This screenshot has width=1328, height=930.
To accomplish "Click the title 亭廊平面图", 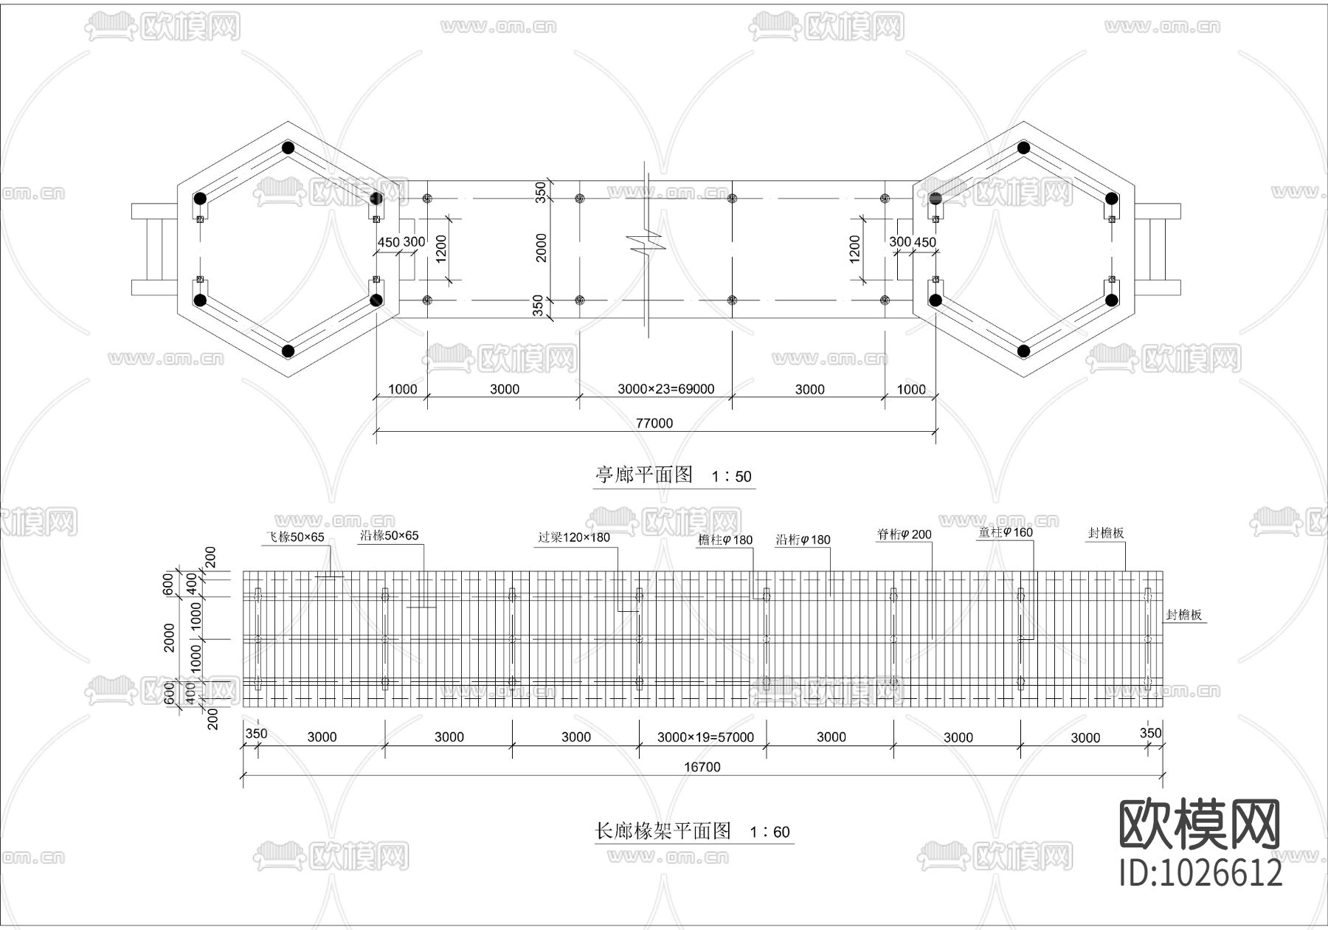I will [644, 475].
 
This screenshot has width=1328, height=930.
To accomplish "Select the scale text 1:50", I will [732, 477].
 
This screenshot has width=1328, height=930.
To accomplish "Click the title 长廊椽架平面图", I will [663, 831].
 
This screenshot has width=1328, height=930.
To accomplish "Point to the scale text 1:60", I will [770, 833].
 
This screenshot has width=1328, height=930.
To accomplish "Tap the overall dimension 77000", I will [654, 424].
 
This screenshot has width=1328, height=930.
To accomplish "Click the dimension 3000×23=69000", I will [665, 389].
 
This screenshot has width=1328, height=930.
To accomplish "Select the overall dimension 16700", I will [702, 767].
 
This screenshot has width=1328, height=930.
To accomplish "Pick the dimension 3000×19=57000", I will [705, 737].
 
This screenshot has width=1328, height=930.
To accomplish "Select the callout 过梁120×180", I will [574, 537].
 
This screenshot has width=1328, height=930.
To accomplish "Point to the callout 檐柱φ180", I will [725, 540].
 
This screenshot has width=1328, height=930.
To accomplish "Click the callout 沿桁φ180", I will [803, 540].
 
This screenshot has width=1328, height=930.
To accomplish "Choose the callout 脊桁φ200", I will [904, 534].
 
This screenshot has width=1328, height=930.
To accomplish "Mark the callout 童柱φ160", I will [1006, 532].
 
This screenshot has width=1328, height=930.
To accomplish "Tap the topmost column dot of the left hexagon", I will [288, 148].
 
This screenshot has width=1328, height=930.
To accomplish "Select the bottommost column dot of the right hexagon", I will [1023, 351].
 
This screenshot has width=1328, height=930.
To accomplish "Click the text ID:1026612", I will [1201, 873].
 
